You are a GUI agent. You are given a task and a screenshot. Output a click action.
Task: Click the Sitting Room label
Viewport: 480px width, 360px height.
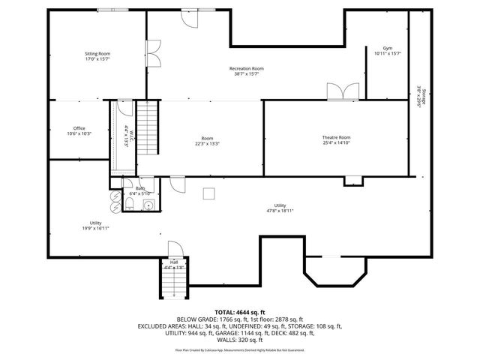tap(97, 57)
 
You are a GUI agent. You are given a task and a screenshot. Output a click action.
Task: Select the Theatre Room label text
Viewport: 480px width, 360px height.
tap(336, 140)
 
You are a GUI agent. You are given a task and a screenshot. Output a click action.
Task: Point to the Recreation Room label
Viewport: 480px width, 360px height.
tap(246, 71)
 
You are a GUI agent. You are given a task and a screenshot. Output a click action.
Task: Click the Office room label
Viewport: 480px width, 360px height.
tap(79, 131)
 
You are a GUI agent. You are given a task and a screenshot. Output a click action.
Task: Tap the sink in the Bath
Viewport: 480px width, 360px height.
tap(148, 203)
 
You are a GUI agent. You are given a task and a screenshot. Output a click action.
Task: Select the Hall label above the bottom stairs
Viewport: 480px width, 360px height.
tap(173, 264)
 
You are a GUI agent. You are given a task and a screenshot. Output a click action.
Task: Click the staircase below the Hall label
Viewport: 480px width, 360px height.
tap(173, 283)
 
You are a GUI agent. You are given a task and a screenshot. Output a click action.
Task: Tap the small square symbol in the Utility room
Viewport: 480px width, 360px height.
tap(209, 193)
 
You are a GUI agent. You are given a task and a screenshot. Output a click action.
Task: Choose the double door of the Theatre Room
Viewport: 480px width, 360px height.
tap(342, 91)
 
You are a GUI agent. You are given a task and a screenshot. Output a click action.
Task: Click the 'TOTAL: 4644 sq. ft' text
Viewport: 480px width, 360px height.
tap(240, 312)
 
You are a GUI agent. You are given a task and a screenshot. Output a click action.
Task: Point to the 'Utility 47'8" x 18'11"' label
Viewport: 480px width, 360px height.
tap(280, 208)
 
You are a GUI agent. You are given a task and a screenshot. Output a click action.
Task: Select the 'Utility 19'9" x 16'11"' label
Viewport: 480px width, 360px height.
tap(95, 226)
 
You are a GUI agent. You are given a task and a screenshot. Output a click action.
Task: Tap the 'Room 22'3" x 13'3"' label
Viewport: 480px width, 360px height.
tap(207, 141)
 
